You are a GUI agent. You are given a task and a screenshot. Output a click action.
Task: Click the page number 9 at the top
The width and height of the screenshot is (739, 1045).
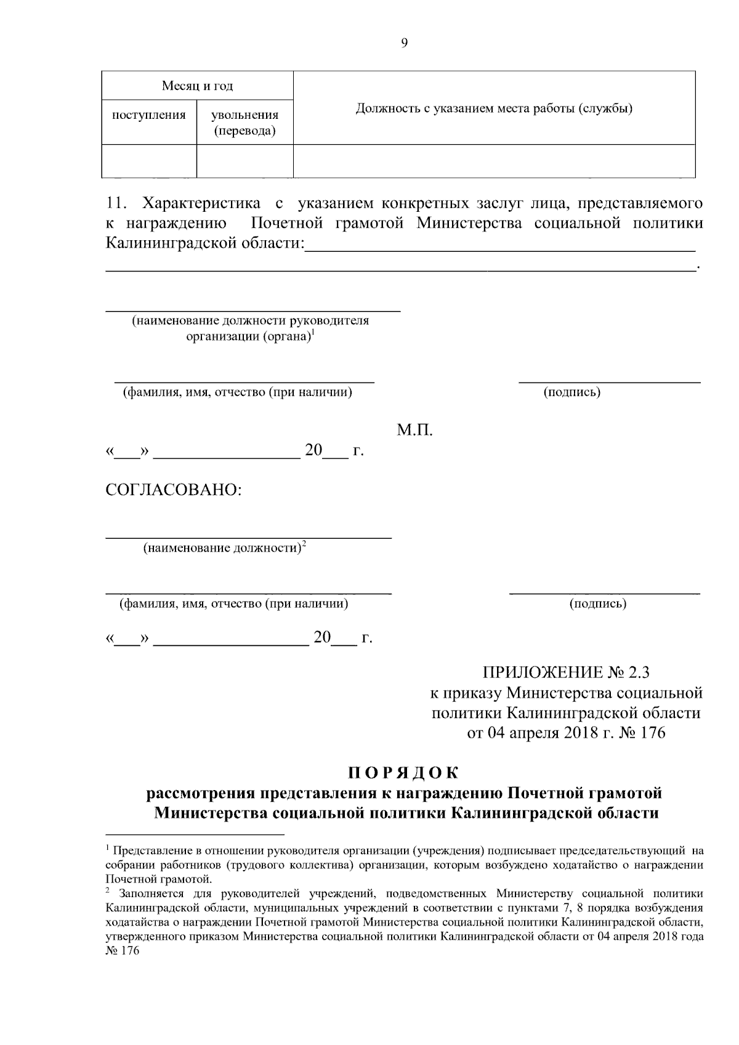[x=404, y=42]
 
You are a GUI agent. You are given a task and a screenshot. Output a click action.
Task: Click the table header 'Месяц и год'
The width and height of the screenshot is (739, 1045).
[x=197, y=86]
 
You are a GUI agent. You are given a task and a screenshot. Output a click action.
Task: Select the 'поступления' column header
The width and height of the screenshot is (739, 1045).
[x=148, y=115]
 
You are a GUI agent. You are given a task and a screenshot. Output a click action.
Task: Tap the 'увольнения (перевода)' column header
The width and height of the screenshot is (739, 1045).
[x=244, y=123]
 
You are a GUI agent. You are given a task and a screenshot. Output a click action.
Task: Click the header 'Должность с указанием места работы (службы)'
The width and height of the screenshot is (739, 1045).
[x=494, y=109]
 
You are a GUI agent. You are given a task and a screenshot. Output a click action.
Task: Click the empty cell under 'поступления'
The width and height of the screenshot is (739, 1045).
[x=148, y=161]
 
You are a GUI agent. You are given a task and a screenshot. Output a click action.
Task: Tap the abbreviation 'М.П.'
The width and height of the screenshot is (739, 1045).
[x=415, y=430]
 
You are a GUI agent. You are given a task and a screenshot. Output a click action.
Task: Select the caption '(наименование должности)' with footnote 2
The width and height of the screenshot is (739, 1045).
[x=222, y=547]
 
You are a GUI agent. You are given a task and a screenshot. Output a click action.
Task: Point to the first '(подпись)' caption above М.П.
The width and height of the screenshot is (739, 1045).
[x=571, y=392]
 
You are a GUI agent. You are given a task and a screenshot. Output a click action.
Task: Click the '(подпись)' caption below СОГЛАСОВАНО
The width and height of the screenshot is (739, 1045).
[x=598, y=603]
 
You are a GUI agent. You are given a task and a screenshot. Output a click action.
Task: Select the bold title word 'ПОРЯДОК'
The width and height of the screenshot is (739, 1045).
[x=403, y=772]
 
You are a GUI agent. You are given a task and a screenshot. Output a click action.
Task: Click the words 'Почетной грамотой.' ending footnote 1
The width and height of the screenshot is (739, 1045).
[x=159, y=879]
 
